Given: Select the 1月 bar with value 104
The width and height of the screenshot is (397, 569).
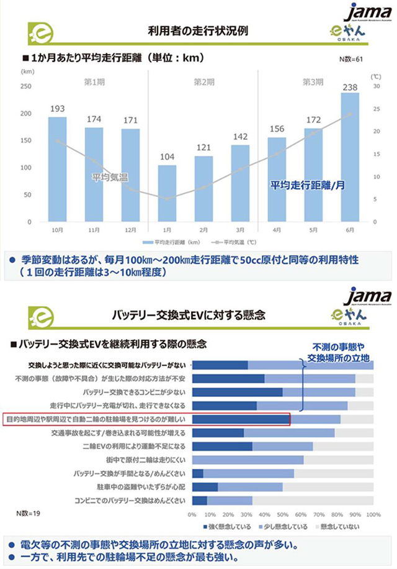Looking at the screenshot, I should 167,193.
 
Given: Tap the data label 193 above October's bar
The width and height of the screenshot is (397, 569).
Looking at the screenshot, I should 58,109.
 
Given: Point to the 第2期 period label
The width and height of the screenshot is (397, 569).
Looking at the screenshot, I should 203,81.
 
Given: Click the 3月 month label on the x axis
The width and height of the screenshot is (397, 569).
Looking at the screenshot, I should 239,230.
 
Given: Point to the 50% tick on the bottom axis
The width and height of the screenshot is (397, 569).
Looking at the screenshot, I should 283,515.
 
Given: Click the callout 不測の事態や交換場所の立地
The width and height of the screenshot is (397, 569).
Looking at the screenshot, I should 338,352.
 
